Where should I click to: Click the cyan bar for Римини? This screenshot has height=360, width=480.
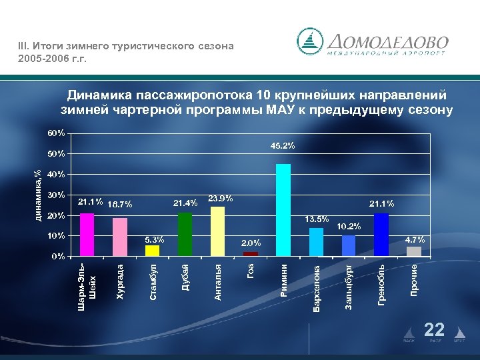(283, 209)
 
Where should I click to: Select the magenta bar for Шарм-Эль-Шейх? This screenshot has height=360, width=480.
(87, 234)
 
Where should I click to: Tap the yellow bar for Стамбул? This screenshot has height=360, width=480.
(153, 250)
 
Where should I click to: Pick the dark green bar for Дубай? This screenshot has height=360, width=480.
(185, 233)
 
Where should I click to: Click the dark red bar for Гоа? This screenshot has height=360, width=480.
(251, 253)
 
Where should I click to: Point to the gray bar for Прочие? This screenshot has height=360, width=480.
(414, 251)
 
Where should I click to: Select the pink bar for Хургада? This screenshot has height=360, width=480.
(120, 236)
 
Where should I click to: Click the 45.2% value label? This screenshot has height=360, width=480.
(283, 145)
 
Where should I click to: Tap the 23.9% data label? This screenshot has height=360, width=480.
(221, 198)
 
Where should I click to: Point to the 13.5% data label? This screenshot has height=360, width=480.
(317, 219)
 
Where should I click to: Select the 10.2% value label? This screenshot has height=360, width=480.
(349, 227)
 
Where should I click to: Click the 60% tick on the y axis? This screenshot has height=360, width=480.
(57, 133)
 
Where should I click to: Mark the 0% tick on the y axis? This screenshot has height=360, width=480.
(59, 257)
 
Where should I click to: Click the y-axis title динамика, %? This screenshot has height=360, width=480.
(39, 194)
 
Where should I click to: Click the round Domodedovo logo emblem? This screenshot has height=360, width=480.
(309, 41)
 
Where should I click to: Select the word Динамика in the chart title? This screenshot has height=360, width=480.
(97, 95)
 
